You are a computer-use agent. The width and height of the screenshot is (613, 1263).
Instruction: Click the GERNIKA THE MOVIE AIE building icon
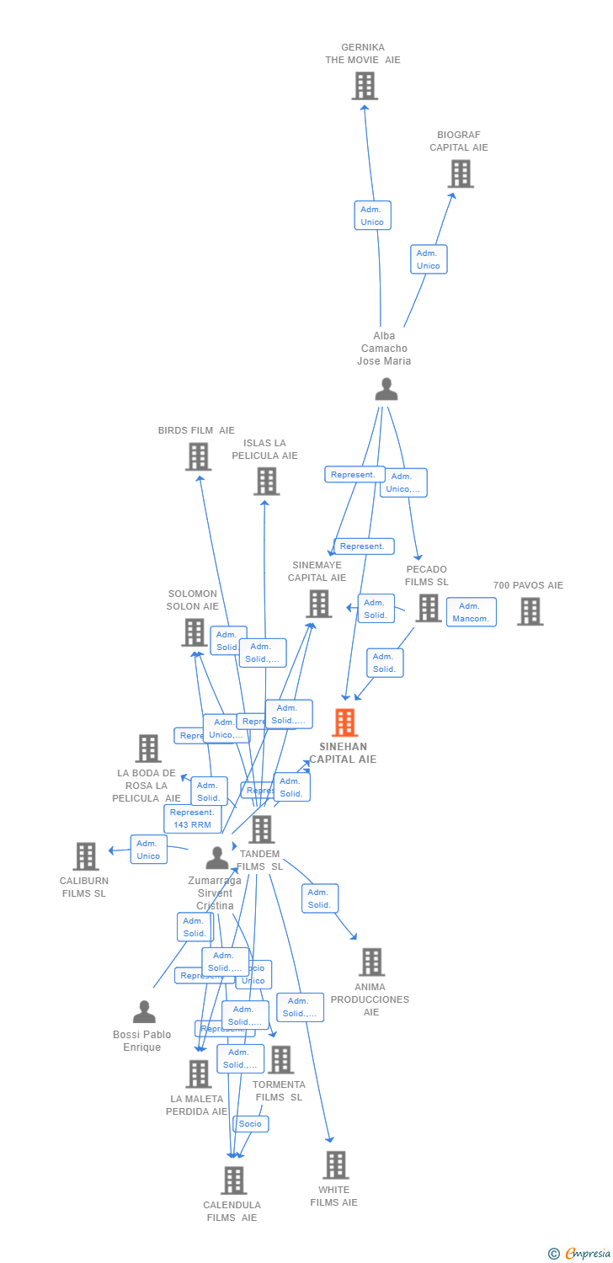pos(365,86)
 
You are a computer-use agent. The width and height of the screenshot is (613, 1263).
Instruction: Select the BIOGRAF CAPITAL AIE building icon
pos(460,173)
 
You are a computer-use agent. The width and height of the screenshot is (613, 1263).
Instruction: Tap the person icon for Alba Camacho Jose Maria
pos(386,389)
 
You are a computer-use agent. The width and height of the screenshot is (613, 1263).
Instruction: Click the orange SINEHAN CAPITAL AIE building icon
pos(344,722)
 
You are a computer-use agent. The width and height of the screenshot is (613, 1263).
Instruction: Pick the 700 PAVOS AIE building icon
pos(530,611)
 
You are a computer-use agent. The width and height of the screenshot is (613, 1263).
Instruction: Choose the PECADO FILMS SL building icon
pos(428,608)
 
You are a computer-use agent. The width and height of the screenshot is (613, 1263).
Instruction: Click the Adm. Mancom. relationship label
pos(471,612)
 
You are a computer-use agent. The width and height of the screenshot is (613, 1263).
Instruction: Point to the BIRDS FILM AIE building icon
pos(198,456)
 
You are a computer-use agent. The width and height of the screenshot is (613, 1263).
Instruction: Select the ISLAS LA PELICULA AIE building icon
pos(266,482)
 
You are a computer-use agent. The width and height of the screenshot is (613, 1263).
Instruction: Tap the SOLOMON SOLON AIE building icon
pos(195,632)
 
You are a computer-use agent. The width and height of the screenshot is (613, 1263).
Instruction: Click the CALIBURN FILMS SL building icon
pos(86,856)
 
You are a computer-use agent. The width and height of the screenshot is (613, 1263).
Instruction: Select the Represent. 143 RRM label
pos(192,818)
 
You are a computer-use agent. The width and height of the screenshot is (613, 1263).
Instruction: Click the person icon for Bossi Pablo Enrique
pos(144,1011)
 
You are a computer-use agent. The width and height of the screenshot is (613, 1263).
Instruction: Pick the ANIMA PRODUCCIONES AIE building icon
pos(371,962)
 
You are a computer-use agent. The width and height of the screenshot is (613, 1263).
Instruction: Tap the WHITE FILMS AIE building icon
pos(335,1165)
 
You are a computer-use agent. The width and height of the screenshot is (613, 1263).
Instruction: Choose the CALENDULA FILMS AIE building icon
pos(234,1180)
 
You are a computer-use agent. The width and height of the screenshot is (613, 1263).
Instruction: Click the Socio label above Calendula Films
pos(250,1124)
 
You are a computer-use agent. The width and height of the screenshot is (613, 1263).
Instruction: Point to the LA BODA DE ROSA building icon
pos(148,748)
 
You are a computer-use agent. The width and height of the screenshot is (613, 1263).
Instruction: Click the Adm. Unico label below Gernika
pos(372,216)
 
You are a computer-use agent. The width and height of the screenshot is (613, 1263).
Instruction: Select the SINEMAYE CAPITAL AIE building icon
pos(318,603)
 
